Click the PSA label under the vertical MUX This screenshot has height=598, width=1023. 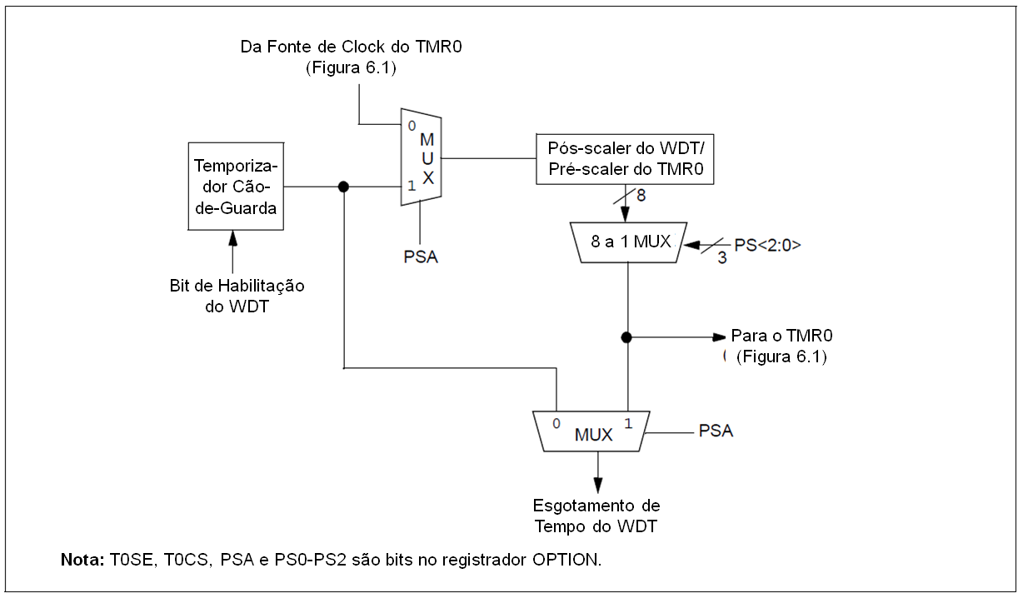click(420, 257)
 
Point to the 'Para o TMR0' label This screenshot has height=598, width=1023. click(782, 336)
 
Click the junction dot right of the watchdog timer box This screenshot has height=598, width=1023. click(343, 187)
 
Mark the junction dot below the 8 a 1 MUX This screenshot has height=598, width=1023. click(626, 337)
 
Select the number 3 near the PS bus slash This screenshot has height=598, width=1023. click(721, 259)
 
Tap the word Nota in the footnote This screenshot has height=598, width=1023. click(82, 558)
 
